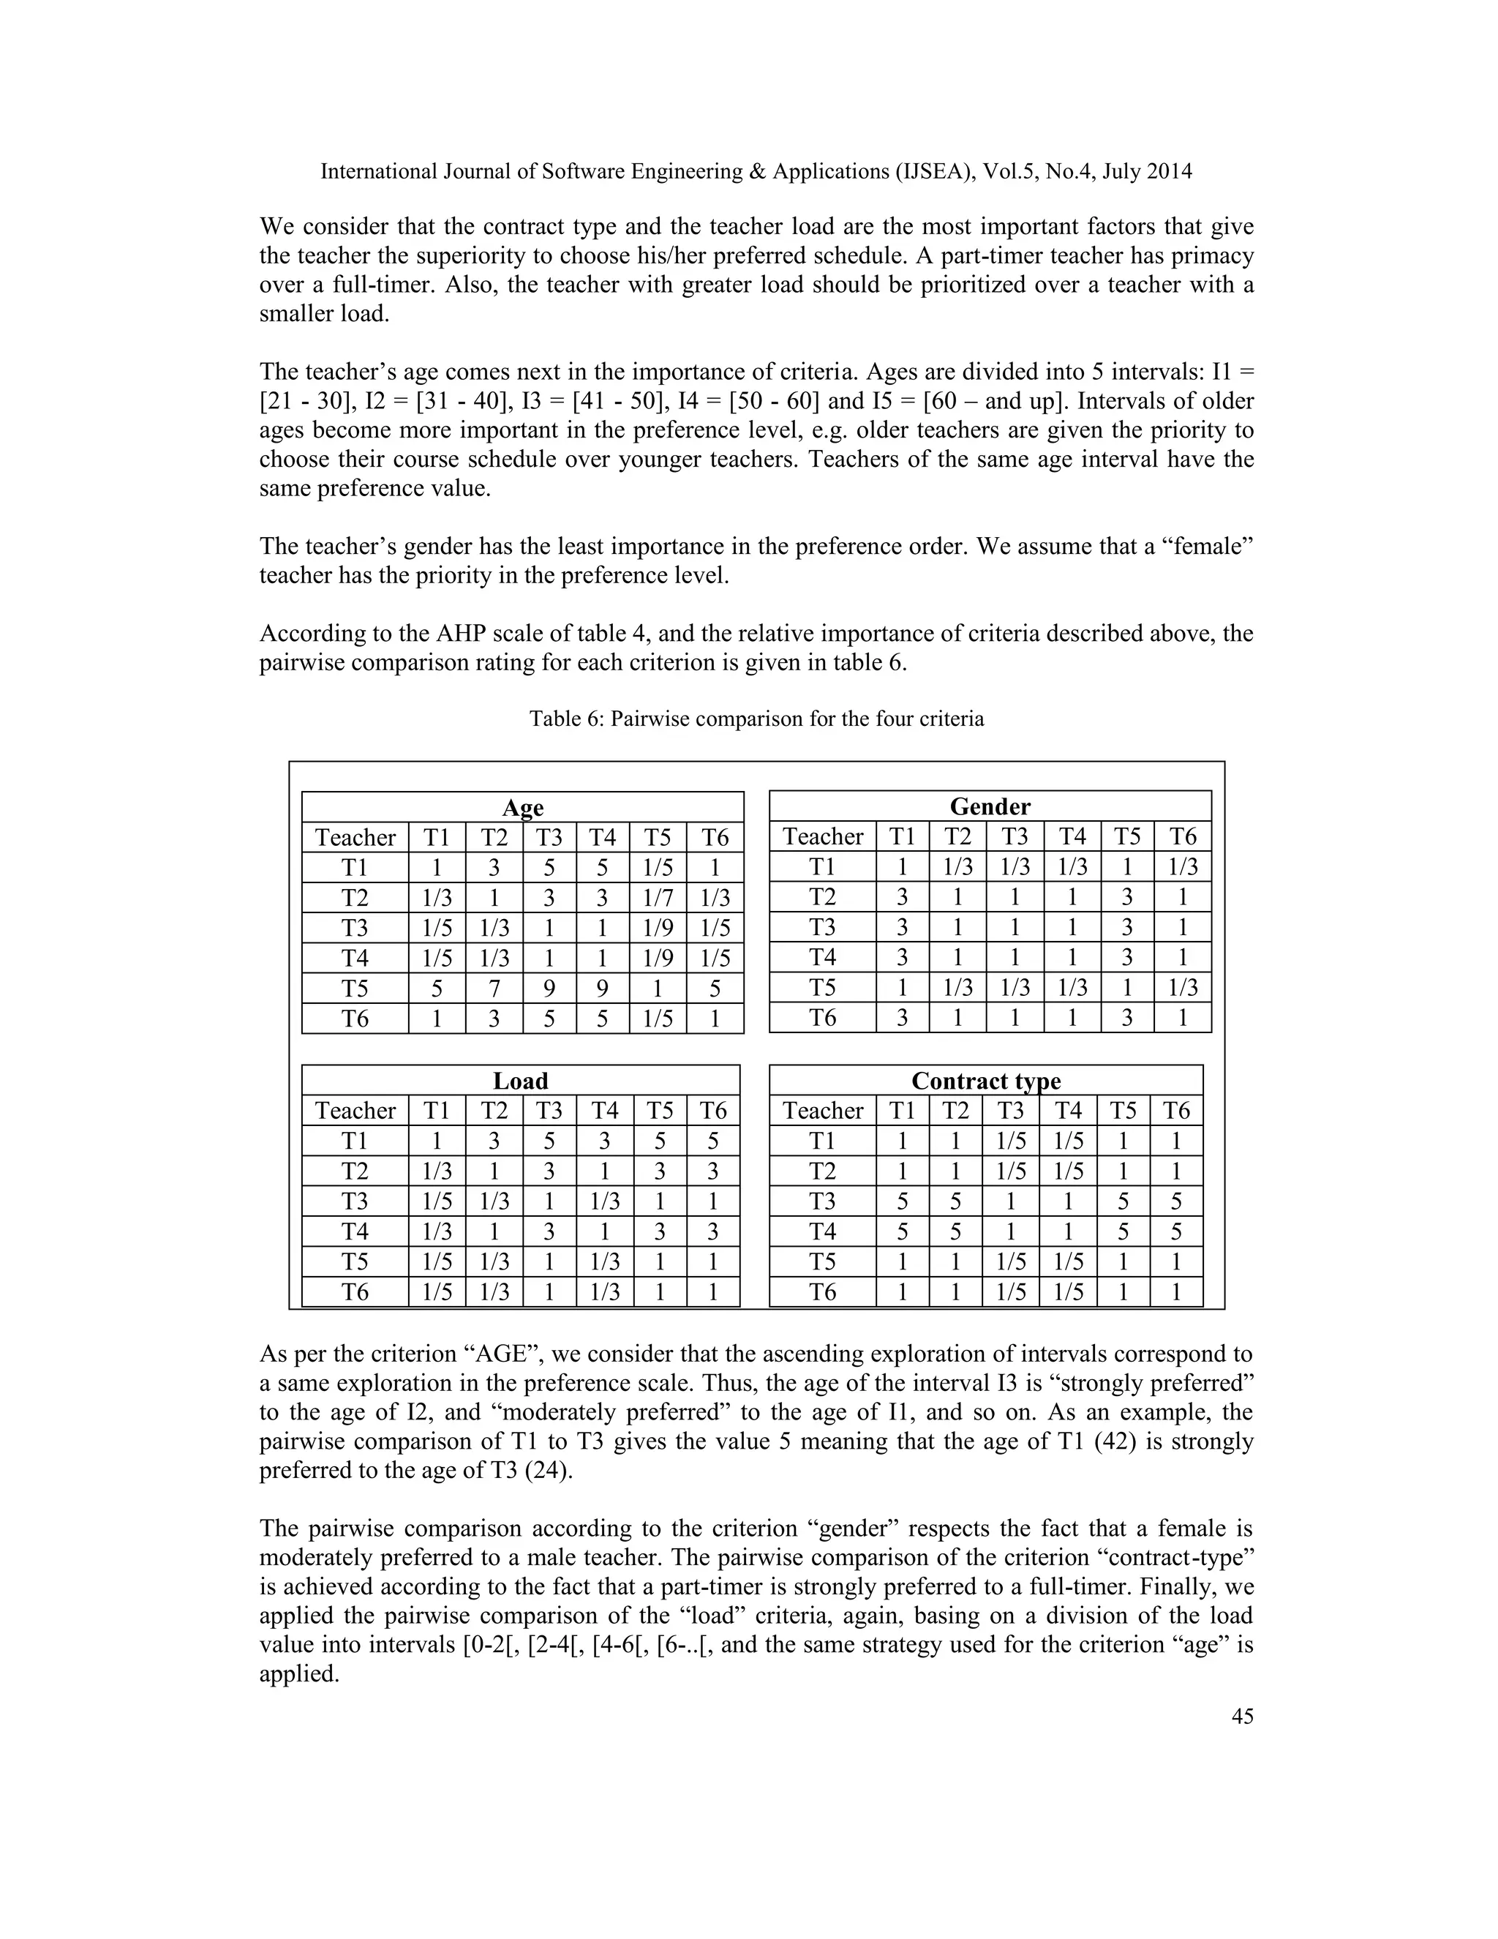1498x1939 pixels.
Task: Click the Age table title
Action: tap(523, 807)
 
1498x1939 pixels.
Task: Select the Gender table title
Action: tap(990, 806)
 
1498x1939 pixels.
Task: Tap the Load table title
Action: tap(520, 1081)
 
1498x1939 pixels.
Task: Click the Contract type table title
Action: tap(986, 1081)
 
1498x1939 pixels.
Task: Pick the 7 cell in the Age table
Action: tap(494, 988)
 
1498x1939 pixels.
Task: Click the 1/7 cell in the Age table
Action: tap(658, 898)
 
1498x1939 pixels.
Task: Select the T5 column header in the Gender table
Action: tap(1127, 836)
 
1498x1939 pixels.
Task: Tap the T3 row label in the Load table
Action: tap(355, 1201)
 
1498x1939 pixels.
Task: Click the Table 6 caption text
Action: tap(756, 719)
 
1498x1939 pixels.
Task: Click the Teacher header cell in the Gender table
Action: tap(823, 836)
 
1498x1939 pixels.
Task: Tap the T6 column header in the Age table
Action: tap(715, 837)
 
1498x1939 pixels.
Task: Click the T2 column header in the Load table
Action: tap(494, 1111)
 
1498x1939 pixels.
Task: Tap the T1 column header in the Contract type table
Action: tap(902, 1111)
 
